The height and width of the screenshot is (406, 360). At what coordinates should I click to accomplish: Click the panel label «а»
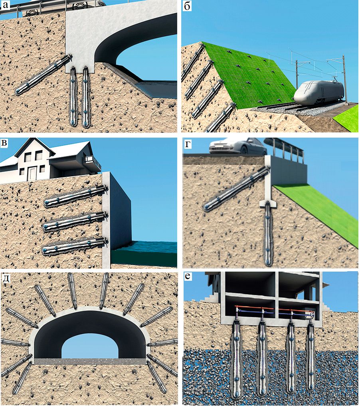click(x=6, y=6)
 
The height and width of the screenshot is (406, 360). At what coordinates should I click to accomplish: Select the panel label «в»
click(x=5, y=143)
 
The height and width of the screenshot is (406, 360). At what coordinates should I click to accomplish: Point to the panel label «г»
click(x=188, y=144)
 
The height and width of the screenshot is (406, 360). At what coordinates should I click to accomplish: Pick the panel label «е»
click(x=188, y=276)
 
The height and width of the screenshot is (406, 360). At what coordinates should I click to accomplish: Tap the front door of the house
click(x=32, y=173)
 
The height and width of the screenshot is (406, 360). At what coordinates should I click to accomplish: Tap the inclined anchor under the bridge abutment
click(x=43, y=75)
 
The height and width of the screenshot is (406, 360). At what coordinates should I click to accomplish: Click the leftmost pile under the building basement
click(x=237, y=360)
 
